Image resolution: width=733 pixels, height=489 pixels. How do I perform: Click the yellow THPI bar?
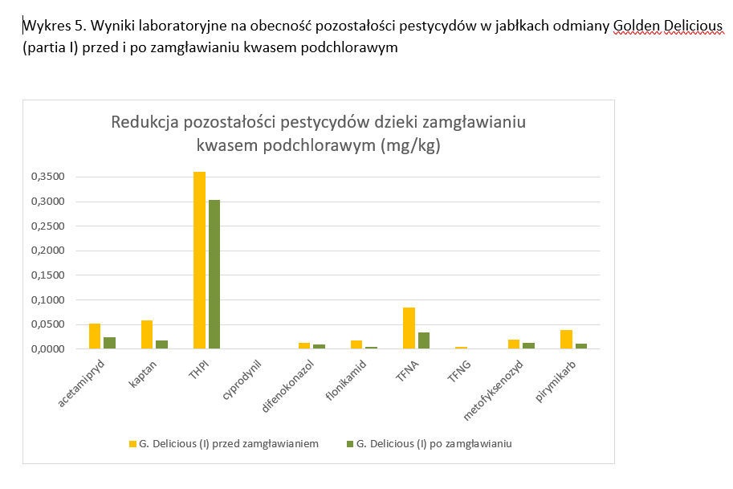(x=199, y=260)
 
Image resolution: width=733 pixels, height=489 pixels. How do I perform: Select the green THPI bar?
(x=214, y=274)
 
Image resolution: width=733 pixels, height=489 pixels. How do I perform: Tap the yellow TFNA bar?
(x=409, y=328)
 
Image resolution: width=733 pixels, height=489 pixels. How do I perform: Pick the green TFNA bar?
(x=424, y=340)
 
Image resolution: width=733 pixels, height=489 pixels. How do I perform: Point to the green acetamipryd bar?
(x=109, y=343)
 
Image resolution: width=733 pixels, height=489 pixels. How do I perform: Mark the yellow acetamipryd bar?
(x=95, y=336)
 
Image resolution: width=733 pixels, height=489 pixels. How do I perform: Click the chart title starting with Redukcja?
(x=318, y=134)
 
